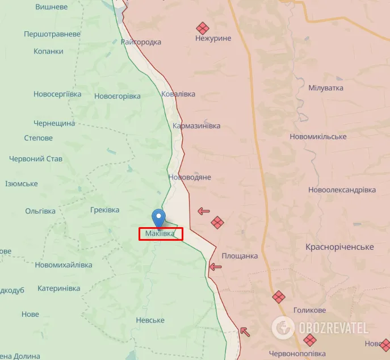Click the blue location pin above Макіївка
pyautogui.click(x=160, y=218)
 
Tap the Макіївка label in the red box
pyautogui.click(x=160, y=233)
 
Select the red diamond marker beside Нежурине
pyautogui.click(x=203, y=28)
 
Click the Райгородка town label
pyautogui.click(x=141, y=42)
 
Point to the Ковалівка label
pyautogui.click(x=178, y=94)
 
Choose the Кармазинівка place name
pyautogui.click(x=196, y=125)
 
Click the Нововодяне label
pyautogui.click(x=190, y=177)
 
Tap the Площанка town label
pyautogui.click(x=240, y=256)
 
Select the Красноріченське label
pyautogui.click(x=339, y=247)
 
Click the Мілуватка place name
pyautogui.click(x=326, y=89)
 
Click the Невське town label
pyautogui.click(x=150, y=320)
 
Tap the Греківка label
pyautogui.click(x=105, y=210)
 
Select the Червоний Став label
pyautogui.click(x=35, y=158)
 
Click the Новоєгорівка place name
pyautogui.click(x=118, y=96)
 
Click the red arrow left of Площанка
pyautogui.click(x=215, y=266)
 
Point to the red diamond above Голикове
pyautogui.click(x=278, y=296)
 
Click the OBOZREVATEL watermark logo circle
pyautogui.click(x=282, y=328)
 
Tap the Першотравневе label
pyautogui.click(x=52, y=34)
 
